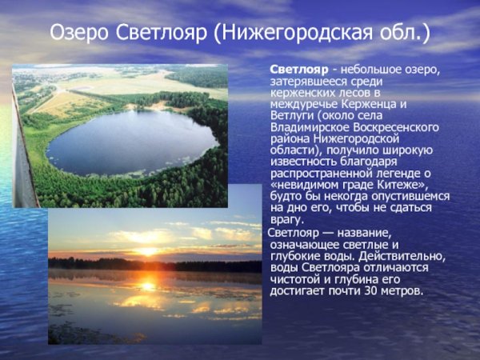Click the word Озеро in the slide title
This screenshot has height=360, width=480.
tap(77, 34)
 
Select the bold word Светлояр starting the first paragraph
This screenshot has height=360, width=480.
tap(298, 70)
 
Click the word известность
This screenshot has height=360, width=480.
tap(303, 162)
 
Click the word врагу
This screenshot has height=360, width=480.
tap(286, 219)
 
